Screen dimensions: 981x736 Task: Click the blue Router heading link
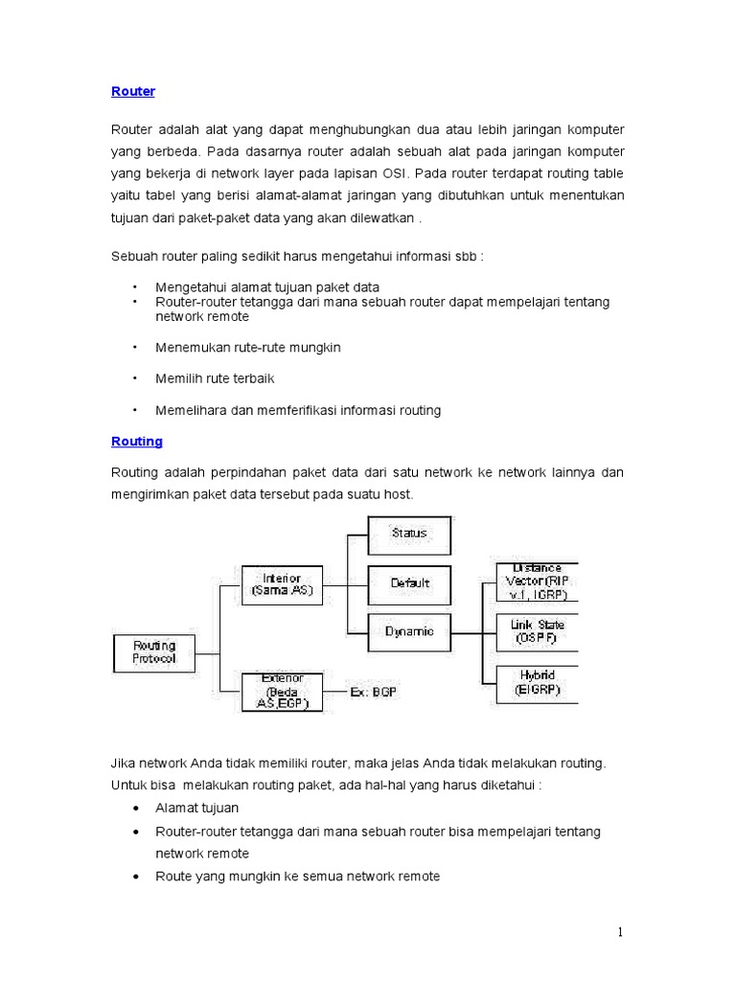133,91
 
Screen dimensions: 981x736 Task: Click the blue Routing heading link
137,442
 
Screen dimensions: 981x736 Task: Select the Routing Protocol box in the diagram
154,652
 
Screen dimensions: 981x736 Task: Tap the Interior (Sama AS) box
282,584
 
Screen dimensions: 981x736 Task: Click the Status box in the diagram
409,533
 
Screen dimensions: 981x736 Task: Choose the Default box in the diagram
409,582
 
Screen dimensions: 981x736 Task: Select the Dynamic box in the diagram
409,631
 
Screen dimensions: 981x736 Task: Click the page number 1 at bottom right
620,933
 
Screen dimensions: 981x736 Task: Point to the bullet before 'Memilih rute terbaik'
135,378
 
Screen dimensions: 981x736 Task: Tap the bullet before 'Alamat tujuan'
135,809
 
